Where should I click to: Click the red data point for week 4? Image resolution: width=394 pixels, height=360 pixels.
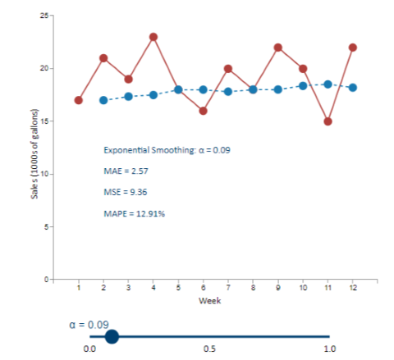(x=153, y=37)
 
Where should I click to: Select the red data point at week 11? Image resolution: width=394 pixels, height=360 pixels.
(x=328, y=121)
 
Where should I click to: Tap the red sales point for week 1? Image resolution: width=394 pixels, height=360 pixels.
(x=79, y=100)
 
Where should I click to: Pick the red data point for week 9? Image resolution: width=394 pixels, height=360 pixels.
(x=277, y=48)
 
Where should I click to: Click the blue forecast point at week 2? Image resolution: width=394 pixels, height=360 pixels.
(x=103, y=100)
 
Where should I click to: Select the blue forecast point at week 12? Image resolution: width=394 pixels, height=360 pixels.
(x=352, y=87)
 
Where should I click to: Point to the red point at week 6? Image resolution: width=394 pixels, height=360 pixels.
(x=203, y=111)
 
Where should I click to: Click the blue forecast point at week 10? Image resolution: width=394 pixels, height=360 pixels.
(x=303, y=85)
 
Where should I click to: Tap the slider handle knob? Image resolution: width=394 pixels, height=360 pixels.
(x=112, y=335)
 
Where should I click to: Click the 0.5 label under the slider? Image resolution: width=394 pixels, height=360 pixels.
(x=209, y=349)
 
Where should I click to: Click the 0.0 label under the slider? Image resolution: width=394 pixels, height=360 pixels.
(x=90, y=349)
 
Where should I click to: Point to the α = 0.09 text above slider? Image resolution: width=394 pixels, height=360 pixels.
(x=88, y=324)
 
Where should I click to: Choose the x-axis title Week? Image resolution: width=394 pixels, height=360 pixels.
(x=209, y=301)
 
